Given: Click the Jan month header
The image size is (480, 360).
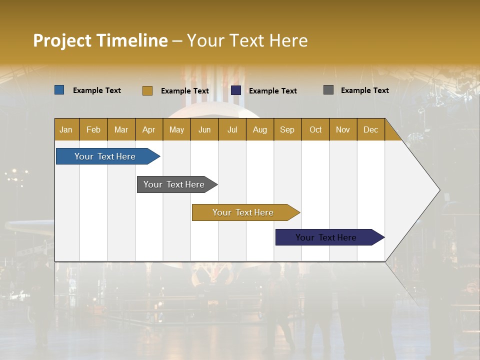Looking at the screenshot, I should coord(66,129).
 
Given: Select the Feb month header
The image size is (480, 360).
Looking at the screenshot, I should coord(93,129).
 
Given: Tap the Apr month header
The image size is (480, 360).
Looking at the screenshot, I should coord(149,129).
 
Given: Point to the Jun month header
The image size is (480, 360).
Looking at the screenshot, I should coord(204,129).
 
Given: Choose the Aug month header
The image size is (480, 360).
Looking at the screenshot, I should coord(260,129).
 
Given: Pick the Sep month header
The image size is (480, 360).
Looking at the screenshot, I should coord(287,129).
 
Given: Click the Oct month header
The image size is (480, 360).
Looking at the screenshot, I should coord(315,129).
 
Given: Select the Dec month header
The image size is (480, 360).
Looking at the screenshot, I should coord(371,129).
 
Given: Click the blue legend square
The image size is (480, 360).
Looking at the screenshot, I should coord(59,90).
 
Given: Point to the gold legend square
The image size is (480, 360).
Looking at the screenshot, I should coord(147,90).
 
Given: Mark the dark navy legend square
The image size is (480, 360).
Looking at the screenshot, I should coord(236,90).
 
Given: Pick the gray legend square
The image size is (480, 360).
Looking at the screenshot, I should coord(328,90).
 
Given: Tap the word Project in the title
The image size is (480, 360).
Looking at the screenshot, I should coord(62,40).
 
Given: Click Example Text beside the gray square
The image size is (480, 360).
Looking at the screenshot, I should coord(364,90).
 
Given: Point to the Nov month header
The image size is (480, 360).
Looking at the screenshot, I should coord(343,129).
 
